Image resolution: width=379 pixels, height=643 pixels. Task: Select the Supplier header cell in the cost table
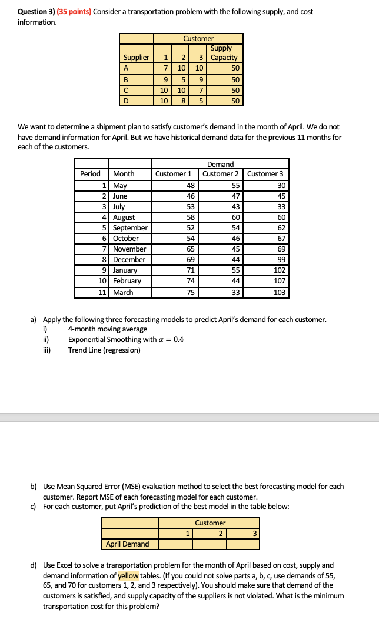click(136, 58)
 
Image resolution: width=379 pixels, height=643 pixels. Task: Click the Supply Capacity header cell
click(224, 53)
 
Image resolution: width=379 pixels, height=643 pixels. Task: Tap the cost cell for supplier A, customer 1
click(167, 68)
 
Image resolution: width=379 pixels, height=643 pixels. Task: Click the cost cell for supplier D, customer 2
click(182, 101)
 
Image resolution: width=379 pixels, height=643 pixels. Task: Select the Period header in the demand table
click(90, 174)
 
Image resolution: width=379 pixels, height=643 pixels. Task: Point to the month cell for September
click(130, 228)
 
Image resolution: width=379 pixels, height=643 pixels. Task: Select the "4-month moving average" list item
click(108, 329)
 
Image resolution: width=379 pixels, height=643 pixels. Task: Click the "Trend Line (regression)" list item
click(104, 350)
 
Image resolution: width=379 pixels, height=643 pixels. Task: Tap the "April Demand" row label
click(127, 544)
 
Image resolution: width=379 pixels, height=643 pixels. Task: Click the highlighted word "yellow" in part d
click(129, 575)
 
